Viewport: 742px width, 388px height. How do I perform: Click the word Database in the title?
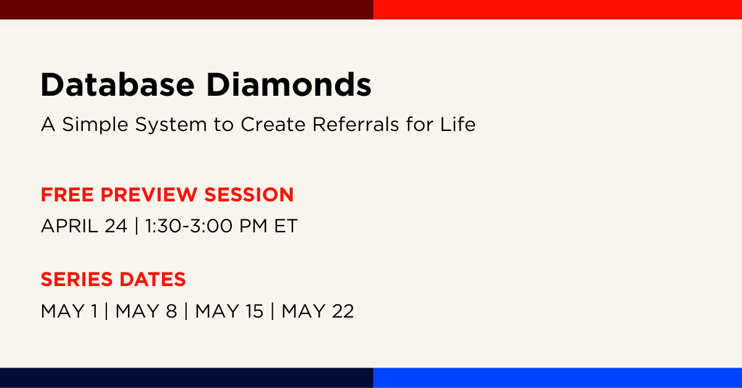click(x=117, y=85)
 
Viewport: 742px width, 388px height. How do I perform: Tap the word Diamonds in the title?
click(x=289, y=85)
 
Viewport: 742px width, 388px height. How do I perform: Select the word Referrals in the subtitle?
click(x=356, y=124)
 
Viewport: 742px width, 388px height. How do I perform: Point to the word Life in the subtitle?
click(x=458, y=124)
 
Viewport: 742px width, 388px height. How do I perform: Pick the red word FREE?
click(x=67, y=195)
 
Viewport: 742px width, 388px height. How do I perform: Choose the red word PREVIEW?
click(x=149, y=195)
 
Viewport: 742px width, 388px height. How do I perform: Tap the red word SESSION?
click(x=249, y=195)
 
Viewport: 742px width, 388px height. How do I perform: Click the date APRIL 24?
click(x=84, y=226)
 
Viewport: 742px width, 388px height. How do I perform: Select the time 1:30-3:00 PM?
click(x=206, y=226)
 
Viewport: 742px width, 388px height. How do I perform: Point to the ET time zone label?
click(x=286, y=226)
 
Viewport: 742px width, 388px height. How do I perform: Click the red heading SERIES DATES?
click(x=113, y=279)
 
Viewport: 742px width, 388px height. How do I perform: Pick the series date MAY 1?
click(x=69, y=311)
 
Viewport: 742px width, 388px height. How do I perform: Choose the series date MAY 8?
click(x=146, y=311)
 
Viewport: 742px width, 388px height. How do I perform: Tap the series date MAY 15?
click(x=229, y=311)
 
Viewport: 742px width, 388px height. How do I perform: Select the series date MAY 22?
click(x=318, y=311)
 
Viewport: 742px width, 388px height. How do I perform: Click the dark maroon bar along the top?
click(x=187, y=10)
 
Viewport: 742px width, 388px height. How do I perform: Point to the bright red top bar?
click(x=558, y=10)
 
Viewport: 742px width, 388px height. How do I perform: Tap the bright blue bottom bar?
click(x=558, y=377)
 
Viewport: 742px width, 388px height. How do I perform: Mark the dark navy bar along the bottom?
click(x=187, y=377)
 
